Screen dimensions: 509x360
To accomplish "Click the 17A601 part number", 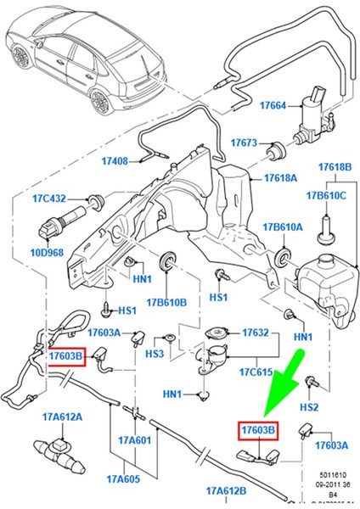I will click(134, 440).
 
